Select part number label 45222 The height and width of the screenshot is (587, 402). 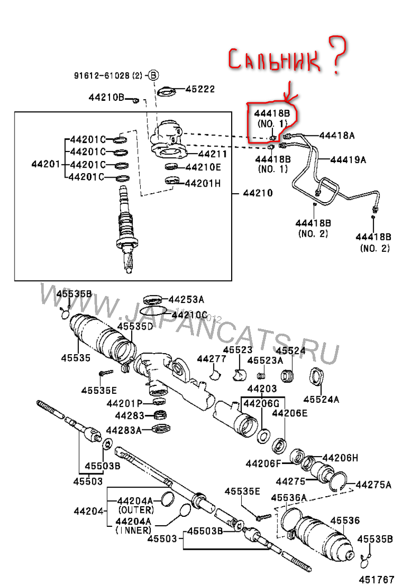(200, 89)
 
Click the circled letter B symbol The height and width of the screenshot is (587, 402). (153, 76)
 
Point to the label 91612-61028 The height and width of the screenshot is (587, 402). (102, 76)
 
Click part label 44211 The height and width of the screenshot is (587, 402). (212, 154)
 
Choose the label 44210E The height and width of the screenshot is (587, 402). (203, 167)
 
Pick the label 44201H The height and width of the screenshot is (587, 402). (203, 183)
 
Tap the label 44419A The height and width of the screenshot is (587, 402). (348, 160)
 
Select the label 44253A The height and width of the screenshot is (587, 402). (186, 300)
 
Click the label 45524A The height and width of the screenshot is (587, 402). (321, 399)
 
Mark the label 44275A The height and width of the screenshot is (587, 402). (373, 485)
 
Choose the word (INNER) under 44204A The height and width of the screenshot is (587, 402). (134, 530)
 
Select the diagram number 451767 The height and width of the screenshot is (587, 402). (376, 579)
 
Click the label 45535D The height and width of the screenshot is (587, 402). (135, 327)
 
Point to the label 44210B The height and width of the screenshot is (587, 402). (107, 97)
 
